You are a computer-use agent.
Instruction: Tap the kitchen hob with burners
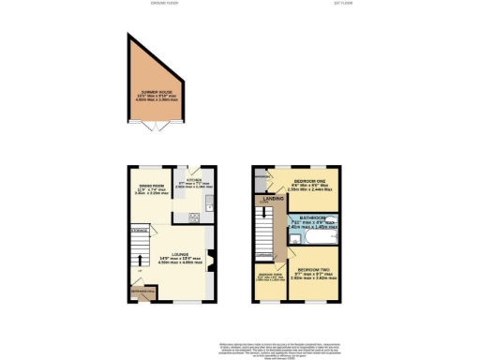tap(193, 218)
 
